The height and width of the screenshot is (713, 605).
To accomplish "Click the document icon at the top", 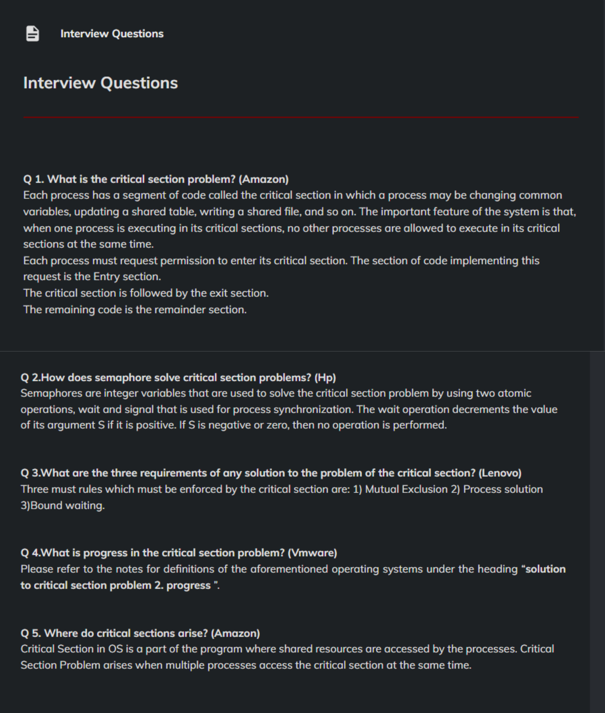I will point(33,34).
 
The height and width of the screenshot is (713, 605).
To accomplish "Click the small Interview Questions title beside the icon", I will point(112,34).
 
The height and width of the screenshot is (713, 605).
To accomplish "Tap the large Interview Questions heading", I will point(100,83).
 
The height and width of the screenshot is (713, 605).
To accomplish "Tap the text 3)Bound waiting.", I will point(63,506).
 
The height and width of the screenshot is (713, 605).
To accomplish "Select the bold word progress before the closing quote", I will point(188,585).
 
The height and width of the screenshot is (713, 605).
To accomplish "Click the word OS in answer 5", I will point(116,649).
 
